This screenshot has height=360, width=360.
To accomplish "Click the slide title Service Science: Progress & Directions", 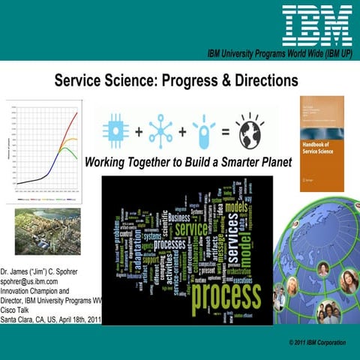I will [176, 79].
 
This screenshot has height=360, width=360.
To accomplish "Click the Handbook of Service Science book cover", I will [323, 142].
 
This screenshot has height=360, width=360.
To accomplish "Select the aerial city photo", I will [46, 231].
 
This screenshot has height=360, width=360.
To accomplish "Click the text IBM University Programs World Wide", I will [277, 55].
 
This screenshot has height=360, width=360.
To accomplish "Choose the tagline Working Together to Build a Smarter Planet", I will [178, 162].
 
